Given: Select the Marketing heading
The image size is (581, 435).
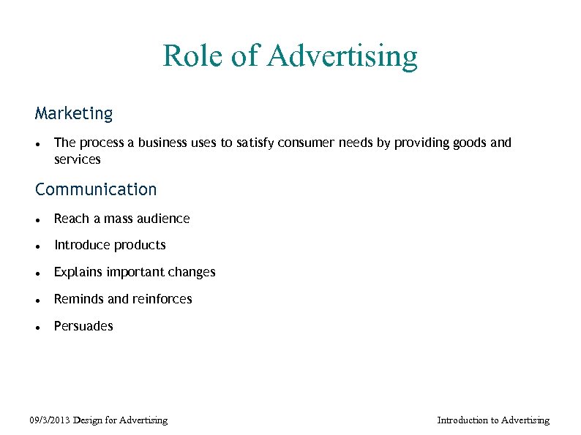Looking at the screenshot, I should [x=74, y=114].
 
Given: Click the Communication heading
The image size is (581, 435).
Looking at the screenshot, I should [x=96, y=189].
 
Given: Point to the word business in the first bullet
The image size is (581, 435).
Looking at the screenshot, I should [x=164, y=143].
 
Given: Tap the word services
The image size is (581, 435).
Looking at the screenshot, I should [x=78, y=159].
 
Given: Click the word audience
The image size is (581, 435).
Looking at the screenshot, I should [x=162, y=219].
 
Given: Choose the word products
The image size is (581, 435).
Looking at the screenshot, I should [x=140, y=246].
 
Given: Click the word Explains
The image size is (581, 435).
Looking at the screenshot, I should [x=78, y=273].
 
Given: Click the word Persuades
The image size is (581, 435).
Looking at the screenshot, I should [x=83, y=326].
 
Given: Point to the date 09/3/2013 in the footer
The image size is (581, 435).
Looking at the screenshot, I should [x=51, y=420].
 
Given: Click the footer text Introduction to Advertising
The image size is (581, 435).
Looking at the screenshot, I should [x=492, y=420].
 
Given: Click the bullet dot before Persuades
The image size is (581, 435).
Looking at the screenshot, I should [x=37, y=328].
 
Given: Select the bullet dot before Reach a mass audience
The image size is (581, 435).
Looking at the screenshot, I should [x=37, y=220].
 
